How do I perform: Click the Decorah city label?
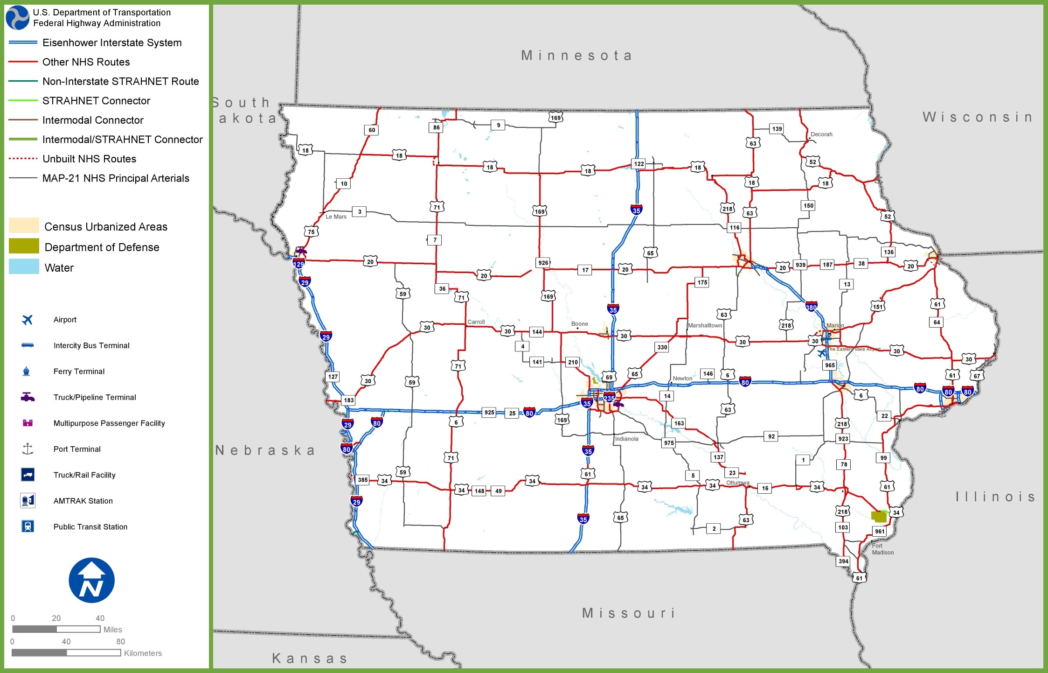pos(821,134)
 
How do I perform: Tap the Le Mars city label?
pos(336,217)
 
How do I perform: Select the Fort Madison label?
pos(882,549)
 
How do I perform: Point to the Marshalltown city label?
pos(705,325)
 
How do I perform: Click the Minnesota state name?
pos(576,56)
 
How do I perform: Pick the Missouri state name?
pos(629,613)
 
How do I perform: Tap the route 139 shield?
pos(777,129)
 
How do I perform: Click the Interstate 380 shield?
pos(811,307)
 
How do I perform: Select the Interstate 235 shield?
pos(609,398)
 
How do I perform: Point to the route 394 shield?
pos(843,561)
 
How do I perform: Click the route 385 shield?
pos(362,480)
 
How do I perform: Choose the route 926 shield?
pos(543,263)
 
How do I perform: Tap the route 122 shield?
pos(639,164)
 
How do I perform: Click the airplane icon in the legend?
pos(28,320)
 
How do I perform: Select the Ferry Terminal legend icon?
pos(27,372)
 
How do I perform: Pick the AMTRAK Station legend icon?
pos(28,501)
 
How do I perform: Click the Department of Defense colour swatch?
pos(24,246)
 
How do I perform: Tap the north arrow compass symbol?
pos(91,580)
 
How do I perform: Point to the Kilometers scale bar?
pos(66,652)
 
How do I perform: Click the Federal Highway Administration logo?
pos(17,18)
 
